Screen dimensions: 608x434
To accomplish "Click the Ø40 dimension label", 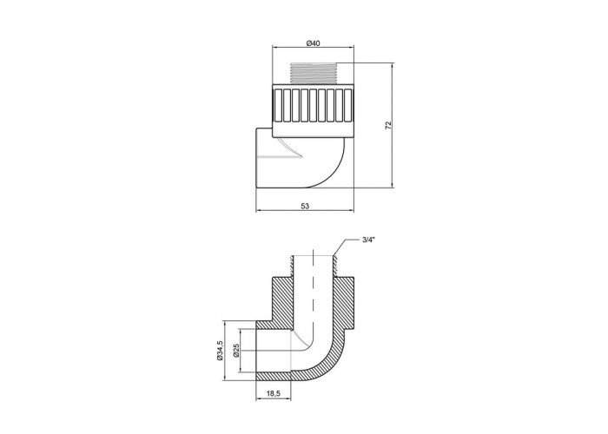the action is pyautogui.click(x=313, y=43).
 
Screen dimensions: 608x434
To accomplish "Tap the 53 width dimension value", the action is pyautogui.click(x=305, y=207).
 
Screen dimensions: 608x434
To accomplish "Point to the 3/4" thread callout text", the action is pyautogui.click(x=368, y=240).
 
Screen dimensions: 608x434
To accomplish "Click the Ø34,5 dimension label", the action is pyautogui.click(x=220, y=351).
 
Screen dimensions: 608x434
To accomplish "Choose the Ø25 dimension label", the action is pyautogui.click(x=235, y=351).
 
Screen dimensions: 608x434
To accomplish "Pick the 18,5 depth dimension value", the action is pyautogui.click(x=274, y=393).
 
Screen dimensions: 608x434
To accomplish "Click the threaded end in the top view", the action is pyautogui.click(x=314, y=74).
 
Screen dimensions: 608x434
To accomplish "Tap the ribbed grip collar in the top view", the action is pyautogui.click(x=314, y=106).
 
